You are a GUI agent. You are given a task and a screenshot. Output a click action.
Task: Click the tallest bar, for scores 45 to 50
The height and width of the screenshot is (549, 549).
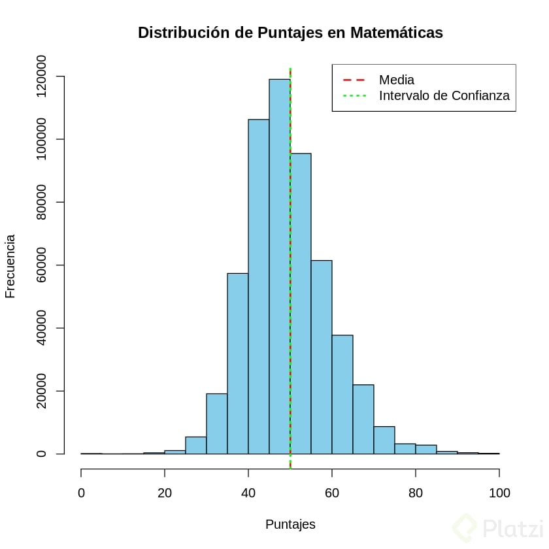pos(279,261)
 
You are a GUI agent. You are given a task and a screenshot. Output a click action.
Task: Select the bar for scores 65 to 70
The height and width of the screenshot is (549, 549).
pos(363,419)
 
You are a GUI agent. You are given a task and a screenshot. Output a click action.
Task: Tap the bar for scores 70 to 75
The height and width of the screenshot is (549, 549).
pos(384,441)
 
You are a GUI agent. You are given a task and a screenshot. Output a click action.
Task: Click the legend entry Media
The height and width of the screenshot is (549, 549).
pos(396,80)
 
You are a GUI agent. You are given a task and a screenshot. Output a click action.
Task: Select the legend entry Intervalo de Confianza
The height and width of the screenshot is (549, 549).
pos(444,96)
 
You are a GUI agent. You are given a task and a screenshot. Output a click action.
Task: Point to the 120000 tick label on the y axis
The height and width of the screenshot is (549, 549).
pos(42,76)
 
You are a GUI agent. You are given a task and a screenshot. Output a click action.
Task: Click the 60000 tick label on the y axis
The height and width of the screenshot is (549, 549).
pos(42,265)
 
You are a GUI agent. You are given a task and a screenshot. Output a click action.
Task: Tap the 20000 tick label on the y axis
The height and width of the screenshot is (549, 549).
pos(42,391)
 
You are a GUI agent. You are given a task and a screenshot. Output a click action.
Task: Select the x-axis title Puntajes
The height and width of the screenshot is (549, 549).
pos(290,524)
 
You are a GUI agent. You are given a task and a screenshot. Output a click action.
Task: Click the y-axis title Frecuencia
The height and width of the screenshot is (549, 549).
pos(10,265)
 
